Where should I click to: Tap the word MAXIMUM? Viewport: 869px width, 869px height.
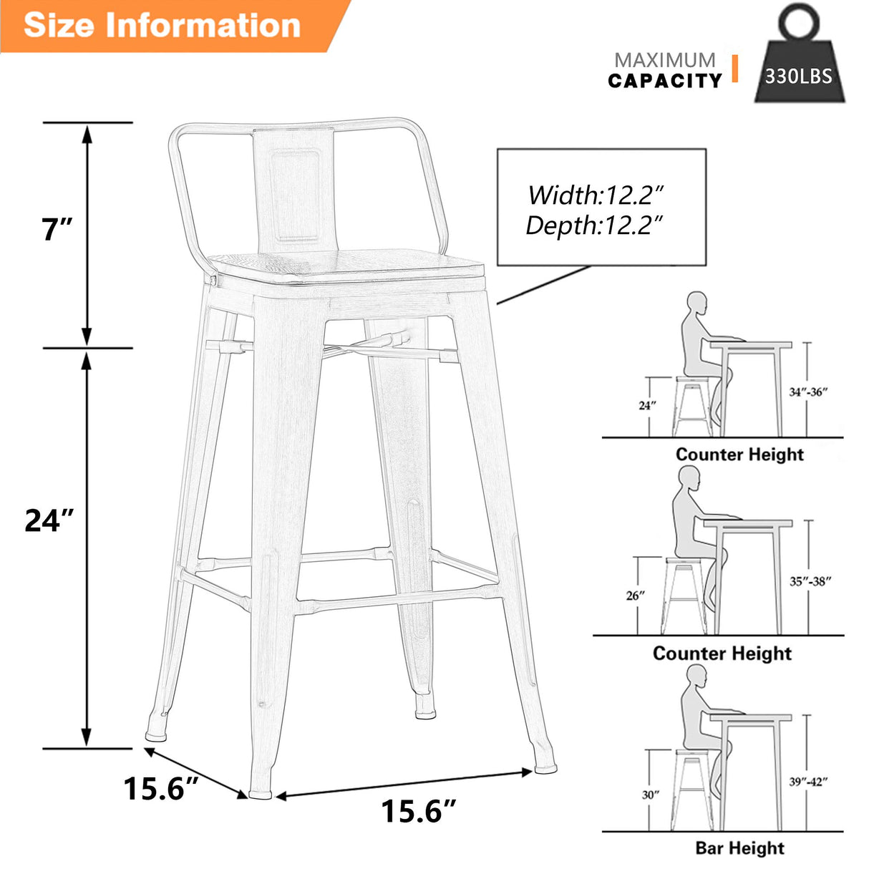[665, 60]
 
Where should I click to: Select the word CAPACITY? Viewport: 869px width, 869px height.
[665, 81]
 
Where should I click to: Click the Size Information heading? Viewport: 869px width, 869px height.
[162, 25]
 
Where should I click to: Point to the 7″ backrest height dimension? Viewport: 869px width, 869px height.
[57, 229]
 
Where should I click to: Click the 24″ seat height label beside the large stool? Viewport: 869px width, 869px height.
[49, 520]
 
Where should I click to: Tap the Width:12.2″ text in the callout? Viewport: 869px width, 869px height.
[596, 194]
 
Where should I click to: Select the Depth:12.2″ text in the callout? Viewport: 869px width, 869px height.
[594, 225]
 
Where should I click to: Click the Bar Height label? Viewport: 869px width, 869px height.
[739, 848]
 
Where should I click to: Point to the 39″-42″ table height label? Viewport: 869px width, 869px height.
[808, 782]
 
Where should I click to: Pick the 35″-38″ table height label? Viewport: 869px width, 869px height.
[810, 581]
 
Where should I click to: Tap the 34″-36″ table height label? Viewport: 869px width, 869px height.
[808, 392]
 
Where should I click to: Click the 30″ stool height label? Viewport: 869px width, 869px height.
[650, 795]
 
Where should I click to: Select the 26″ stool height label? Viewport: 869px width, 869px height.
[636, 595]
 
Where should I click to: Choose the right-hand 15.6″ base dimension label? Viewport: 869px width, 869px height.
[418, 811]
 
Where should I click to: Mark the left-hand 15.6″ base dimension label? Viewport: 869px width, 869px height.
[160, 788]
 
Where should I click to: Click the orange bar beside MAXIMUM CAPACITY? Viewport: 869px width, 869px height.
[734, 69]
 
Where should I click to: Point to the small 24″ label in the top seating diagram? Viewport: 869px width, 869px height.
[647, 405]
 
